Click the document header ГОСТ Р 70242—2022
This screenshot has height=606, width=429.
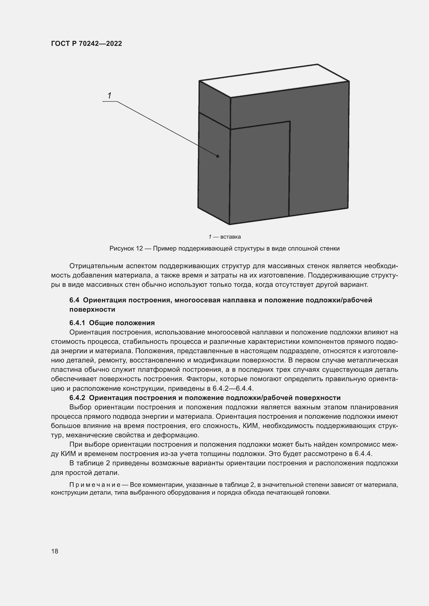pyautogui.click(x=86, y=44)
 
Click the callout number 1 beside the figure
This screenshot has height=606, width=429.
pyautogui.click(x=109, y=96)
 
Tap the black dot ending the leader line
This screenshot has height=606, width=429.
pyautogui.click(x=218, y=156)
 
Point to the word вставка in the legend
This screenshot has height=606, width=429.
pyautogui.click(x=230, y=237)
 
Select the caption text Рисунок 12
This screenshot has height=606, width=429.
pyautogui.click(x=126, y=248)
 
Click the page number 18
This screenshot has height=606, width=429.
pyautogui.click(x=55, y=551)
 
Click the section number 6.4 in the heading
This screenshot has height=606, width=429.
pyautogui.click(x=74, y=300)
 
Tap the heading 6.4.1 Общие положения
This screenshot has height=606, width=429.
pyautogui.click(x=112, y=323)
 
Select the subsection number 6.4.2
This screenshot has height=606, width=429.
pyautogui.click(x=77, y=398)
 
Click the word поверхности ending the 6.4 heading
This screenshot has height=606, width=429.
pyautogui.click(x=92, y=309)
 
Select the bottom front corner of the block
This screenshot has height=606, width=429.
pyautogui.click(x=229, y=225)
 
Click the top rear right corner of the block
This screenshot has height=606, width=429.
pyautogui.click(x=317, y=64)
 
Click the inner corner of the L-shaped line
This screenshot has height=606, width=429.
pyautogui.click(x=290, y=122)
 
